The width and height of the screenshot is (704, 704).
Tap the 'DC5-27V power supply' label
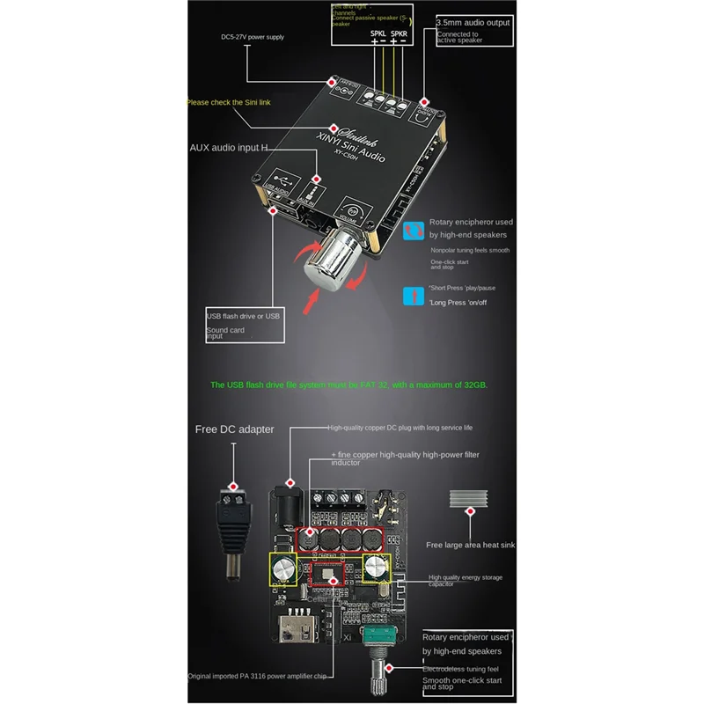coord(252,37)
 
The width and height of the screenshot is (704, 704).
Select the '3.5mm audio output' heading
coord(474,18)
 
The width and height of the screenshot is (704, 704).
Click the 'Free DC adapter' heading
coord(234,429)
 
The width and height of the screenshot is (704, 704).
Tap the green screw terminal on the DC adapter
coord(235,505)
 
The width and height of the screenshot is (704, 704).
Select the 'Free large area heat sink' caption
coord(470,545)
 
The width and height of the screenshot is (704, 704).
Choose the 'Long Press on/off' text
coord(458,303)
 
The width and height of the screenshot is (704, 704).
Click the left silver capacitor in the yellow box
coord(284,569)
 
